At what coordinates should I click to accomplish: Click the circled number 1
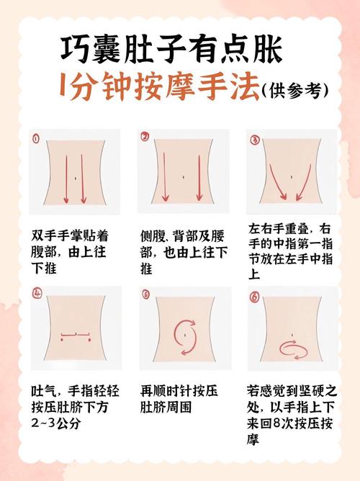point(35,137)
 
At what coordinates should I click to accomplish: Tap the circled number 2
point(144,136)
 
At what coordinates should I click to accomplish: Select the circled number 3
point(253,138)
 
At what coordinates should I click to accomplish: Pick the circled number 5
point(145,294)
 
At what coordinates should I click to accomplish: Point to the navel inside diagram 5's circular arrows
point(186,332)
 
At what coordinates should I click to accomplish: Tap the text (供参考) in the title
point(296,90)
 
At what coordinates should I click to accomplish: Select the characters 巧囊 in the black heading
point(88,50)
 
